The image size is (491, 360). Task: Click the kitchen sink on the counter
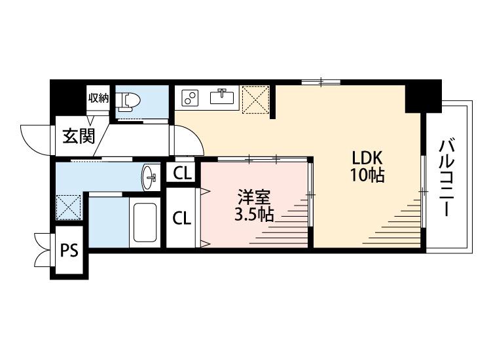coord(223,98)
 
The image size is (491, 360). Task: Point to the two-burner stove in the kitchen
coord(191,98)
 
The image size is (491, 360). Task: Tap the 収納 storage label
coord(98,98)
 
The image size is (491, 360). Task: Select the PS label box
coord(69,250)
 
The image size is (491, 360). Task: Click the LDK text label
coord(367,158)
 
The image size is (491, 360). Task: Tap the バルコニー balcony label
coord(446,177)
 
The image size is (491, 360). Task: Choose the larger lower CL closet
coord(182,218)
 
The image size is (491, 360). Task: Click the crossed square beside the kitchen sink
coord(255,99)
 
